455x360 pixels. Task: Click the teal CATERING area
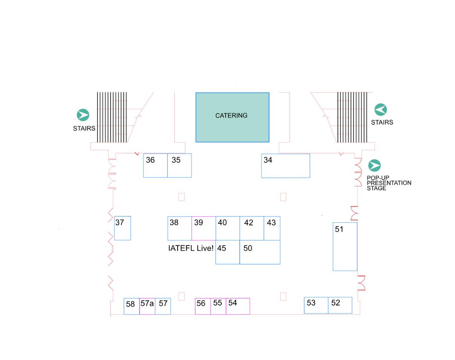pyautogui.click(x=232, y=117)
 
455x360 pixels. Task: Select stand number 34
pyautogui.click(x=285, y=166)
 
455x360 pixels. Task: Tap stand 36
pyautogui.click(x=155, y=165)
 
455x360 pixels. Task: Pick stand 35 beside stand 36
pyautogui.click(x=180, y=165)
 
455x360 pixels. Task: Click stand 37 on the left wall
pyautogui.click(x=123, y=228)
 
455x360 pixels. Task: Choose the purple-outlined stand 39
pyautogui.click(x=204, y=228)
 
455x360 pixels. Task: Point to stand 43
pyautogui.click(x=272, y=228)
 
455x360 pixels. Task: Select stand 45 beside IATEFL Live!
pyautogui.click(x=227, y=252)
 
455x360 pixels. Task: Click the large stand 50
pyautogui.click(x=260, y=252)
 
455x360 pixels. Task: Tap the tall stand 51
pyautogui.click(x=345, y=247)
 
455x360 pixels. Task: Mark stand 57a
pyautogui.click(x=148, y=306)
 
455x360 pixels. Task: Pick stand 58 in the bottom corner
pyautogui.click(x=132, y=306)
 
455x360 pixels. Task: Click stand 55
pyautogui.click(x=218, y=306)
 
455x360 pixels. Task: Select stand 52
pyautogui.click(x=340, y=305)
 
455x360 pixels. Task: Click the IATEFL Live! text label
pyautogui.click(x=191, y=248)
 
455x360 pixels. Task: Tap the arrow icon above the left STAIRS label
pyautogui.click(x=83, y=115)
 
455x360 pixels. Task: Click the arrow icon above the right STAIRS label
pyautogui.click(x=380, y=110)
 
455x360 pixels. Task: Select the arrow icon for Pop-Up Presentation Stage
pyautogui.click(x=374, y=166)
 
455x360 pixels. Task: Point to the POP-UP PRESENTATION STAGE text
pyautogui.click(x=389, y=183)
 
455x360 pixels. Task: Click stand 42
pyautogui.click(x=252, y=228)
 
